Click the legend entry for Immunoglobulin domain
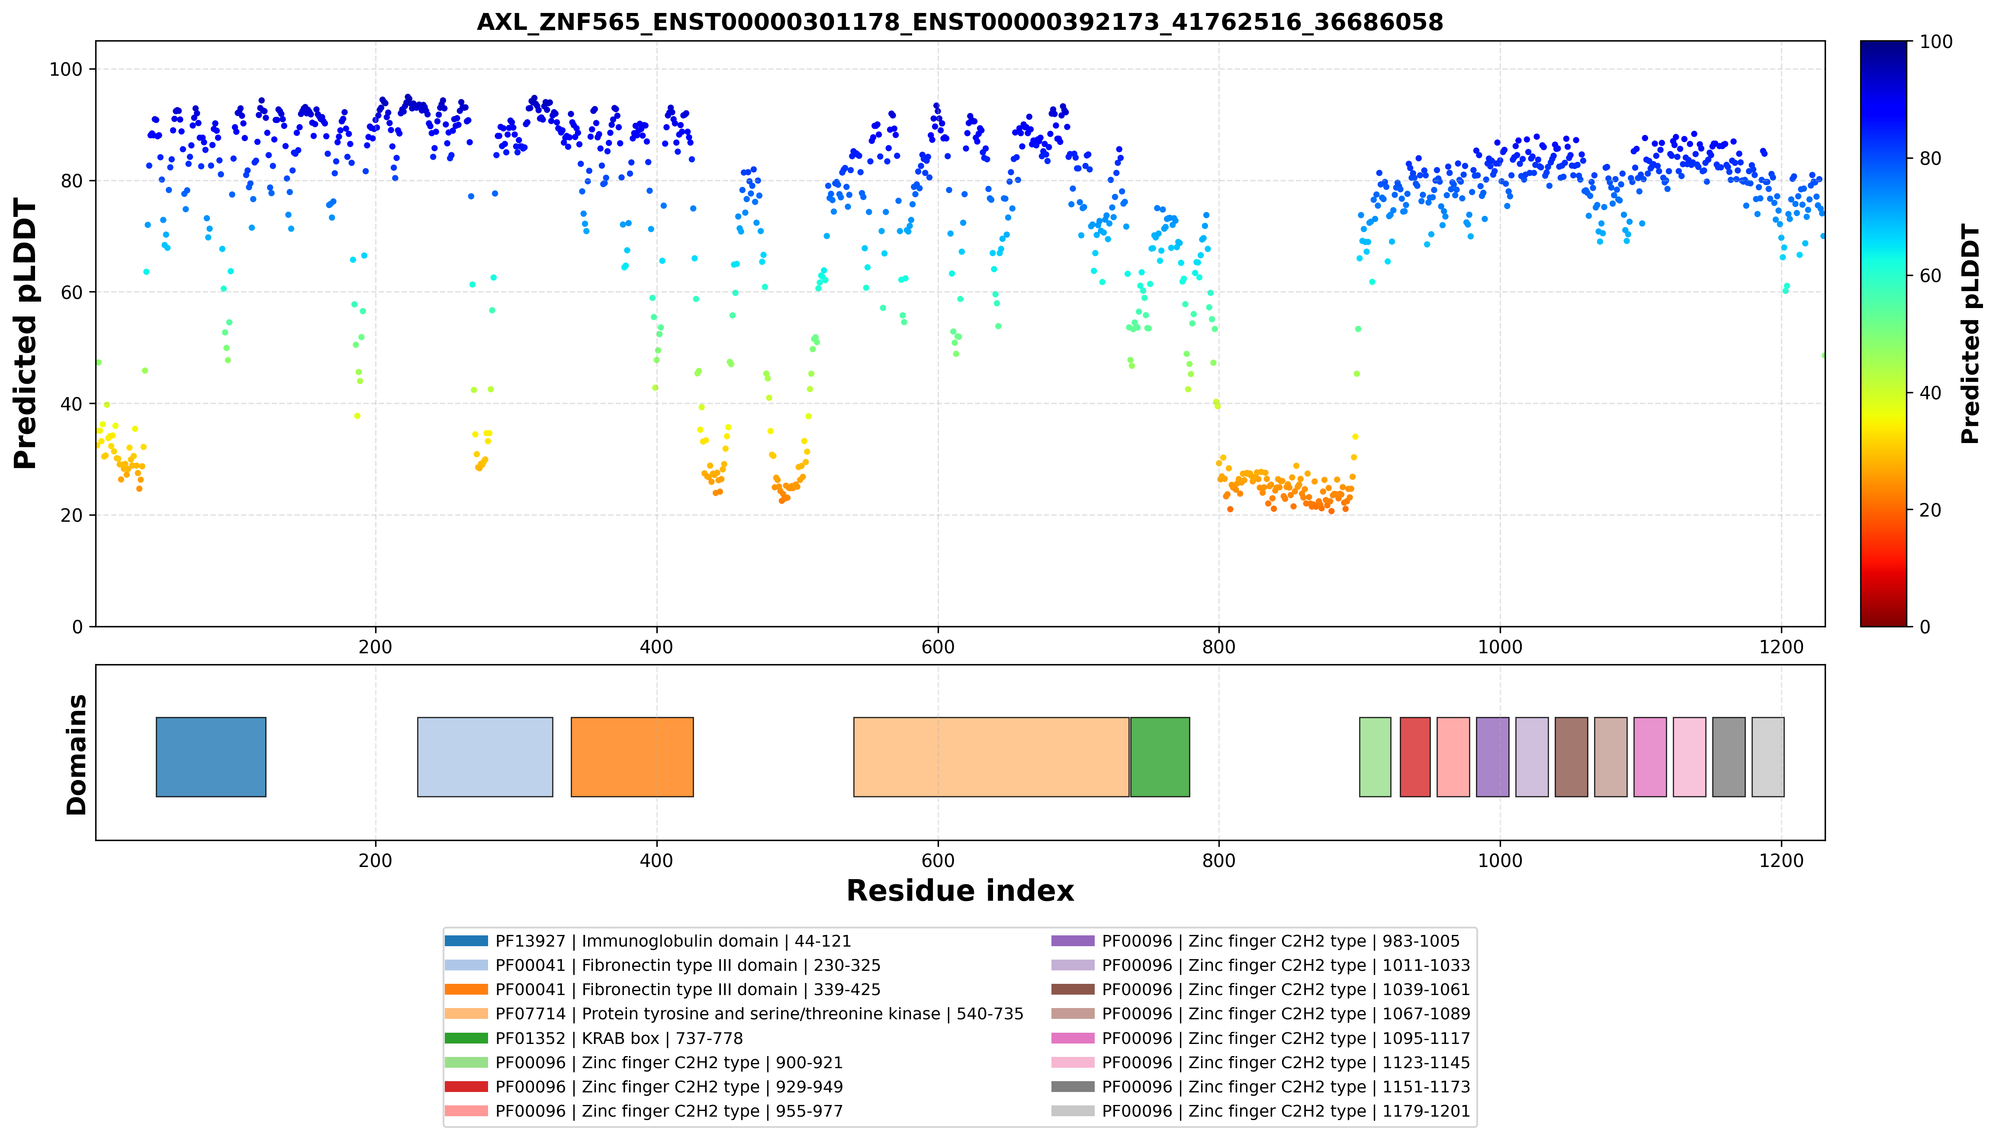coord(648,941)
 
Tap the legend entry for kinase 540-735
coord(734,1014)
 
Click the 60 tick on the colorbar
coord(1930,276)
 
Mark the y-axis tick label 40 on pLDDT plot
coord(71,404)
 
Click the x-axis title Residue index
coord(960,891)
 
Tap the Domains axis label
coord(77,755)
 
